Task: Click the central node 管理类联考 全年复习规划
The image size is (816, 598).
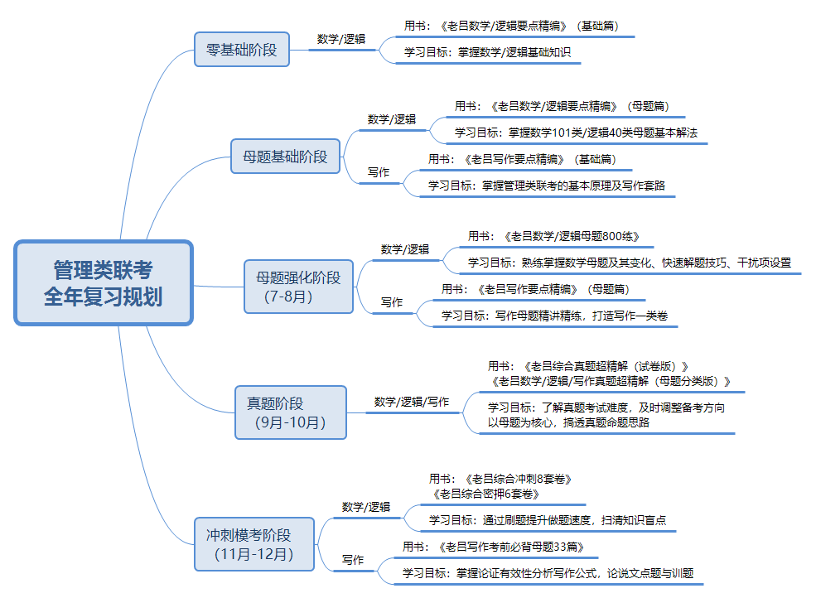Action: click(104, 282)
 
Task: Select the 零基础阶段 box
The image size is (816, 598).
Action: click(241, 49)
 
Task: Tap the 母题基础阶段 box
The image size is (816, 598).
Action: click(285, 156)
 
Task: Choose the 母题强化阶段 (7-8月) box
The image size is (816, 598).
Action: click(298, 287)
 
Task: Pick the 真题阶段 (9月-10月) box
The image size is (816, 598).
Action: click(290, 412)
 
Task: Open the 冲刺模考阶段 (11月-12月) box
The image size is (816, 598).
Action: click(254, 544)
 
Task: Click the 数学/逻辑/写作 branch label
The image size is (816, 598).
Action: click(412, 402)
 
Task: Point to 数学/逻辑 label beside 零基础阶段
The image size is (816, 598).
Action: click(341, 39)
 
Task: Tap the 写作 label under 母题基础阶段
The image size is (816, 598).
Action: click(379, 172)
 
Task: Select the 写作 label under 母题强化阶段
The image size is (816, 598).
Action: click(392, 302)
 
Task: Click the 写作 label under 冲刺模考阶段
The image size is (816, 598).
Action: click(353, 560)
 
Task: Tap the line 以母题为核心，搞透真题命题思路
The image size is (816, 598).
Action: click(568, 422)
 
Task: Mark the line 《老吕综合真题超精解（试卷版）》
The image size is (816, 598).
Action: click(608, 365)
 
